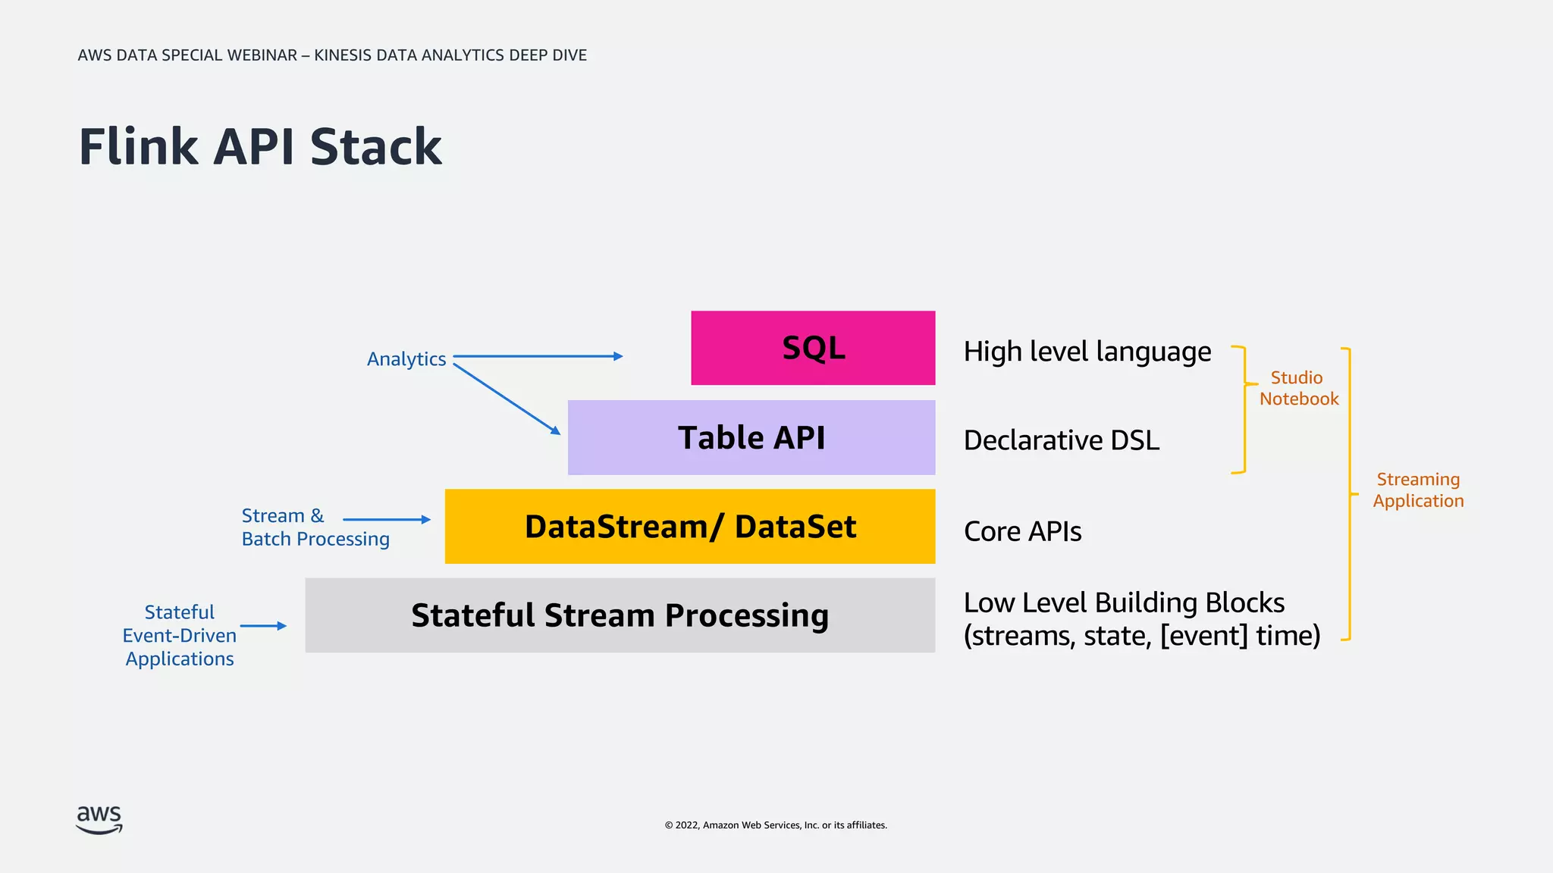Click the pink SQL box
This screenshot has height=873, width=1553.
click(813, 348)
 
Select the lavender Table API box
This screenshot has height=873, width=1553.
click(751, 438)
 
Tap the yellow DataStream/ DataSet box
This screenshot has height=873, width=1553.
click(689, 527)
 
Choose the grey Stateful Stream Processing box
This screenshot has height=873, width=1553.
click(620, 615)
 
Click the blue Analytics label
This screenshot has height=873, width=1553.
click(406, 359)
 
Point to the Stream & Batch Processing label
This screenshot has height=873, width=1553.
click(315, 527)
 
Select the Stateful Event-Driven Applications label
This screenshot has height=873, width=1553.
click(180, 635)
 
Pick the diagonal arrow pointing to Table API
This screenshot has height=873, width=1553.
click(506, 399)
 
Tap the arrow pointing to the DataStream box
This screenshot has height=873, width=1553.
click(386, 520)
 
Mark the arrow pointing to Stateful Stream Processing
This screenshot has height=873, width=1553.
click(262, 626)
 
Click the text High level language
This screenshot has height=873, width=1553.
click(1087, 352)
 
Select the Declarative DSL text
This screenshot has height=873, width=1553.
click(1061, 441)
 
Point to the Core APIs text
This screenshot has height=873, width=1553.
click(1022, 532)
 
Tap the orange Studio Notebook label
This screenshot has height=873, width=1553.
click(1298, 388)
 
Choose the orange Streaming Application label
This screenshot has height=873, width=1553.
click(1417, 490)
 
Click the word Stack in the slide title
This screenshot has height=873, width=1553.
click(375, 147)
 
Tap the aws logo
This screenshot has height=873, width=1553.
click(99, 819)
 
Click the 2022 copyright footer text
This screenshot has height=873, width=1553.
click(776, 825)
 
